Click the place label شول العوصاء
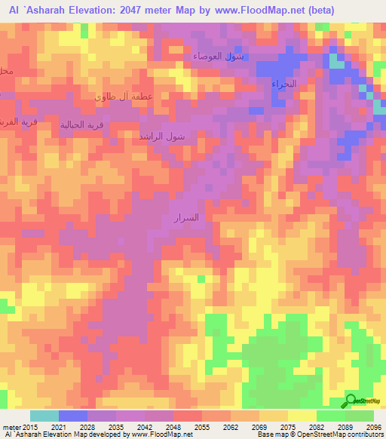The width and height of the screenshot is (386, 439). [218, 57]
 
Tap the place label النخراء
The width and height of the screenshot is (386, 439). [284, 84]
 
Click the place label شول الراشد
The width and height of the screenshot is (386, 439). [162, 137]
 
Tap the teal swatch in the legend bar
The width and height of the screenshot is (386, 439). [44, 416]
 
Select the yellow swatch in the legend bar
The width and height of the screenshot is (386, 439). [302, 416]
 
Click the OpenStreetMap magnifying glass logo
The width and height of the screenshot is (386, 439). [351, 401]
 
